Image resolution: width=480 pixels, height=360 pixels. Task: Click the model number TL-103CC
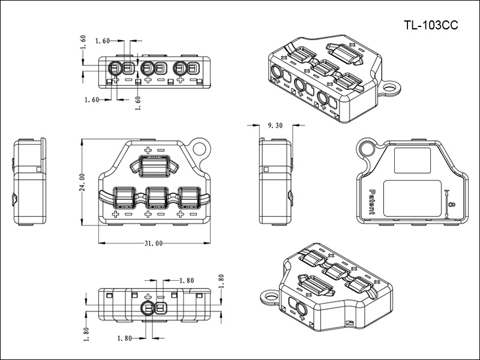click(x=431, y=25)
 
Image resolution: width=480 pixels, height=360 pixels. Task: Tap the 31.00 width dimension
click(x=154, y=244)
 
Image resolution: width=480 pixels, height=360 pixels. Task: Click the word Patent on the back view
click(x=371, y=202)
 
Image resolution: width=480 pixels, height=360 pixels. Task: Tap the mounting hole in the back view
click(x=365, y=148)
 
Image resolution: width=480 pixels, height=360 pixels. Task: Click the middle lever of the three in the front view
click(x=155, y=196)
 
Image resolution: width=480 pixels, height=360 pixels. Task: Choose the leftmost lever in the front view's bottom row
click(x=122, y=196)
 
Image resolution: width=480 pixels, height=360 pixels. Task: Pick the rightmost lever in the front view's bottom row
click(x=188, y=196)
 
